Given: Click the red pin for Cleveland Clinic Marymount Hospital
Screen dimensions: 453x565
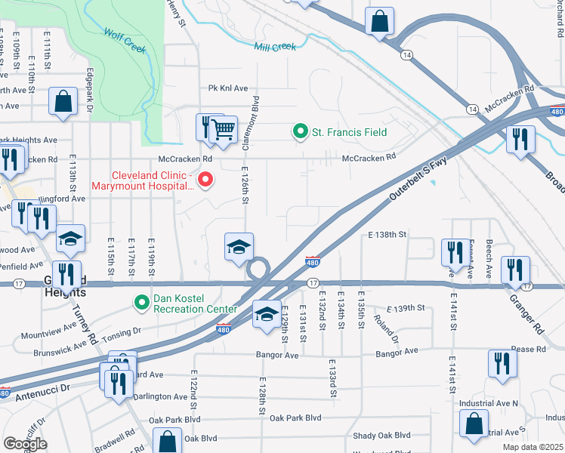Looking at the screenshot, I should click(x=205, y=180).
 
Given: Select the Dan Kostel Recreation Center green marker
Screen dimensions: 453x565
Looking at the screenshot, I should click(x=141, y=302).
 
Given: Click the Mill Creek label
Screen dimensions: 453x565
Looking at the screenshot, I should click(x=275, y=47).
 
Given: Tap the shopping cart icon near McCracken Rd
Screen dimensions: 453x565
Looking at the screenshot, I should click(x=222, y=130).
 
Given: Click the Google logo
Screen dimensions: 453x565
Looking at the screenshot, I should click(x=25, y=444).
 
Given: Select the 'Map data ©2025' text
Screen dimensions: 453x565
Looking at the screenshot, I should click(x=532, y=447).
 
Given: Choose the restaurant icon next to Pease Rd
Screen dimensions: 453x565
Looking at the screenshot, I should click(x=502, y=363).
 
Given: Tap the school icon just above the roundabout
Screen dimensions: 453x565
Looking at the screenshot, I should click(x=239, y=247).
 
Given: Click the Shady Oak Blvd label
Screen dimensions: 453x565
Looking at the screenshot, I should click(x=381, y=436).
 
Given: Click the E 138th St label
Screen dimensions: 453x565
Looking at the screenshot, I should click(x=387, y=235).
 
